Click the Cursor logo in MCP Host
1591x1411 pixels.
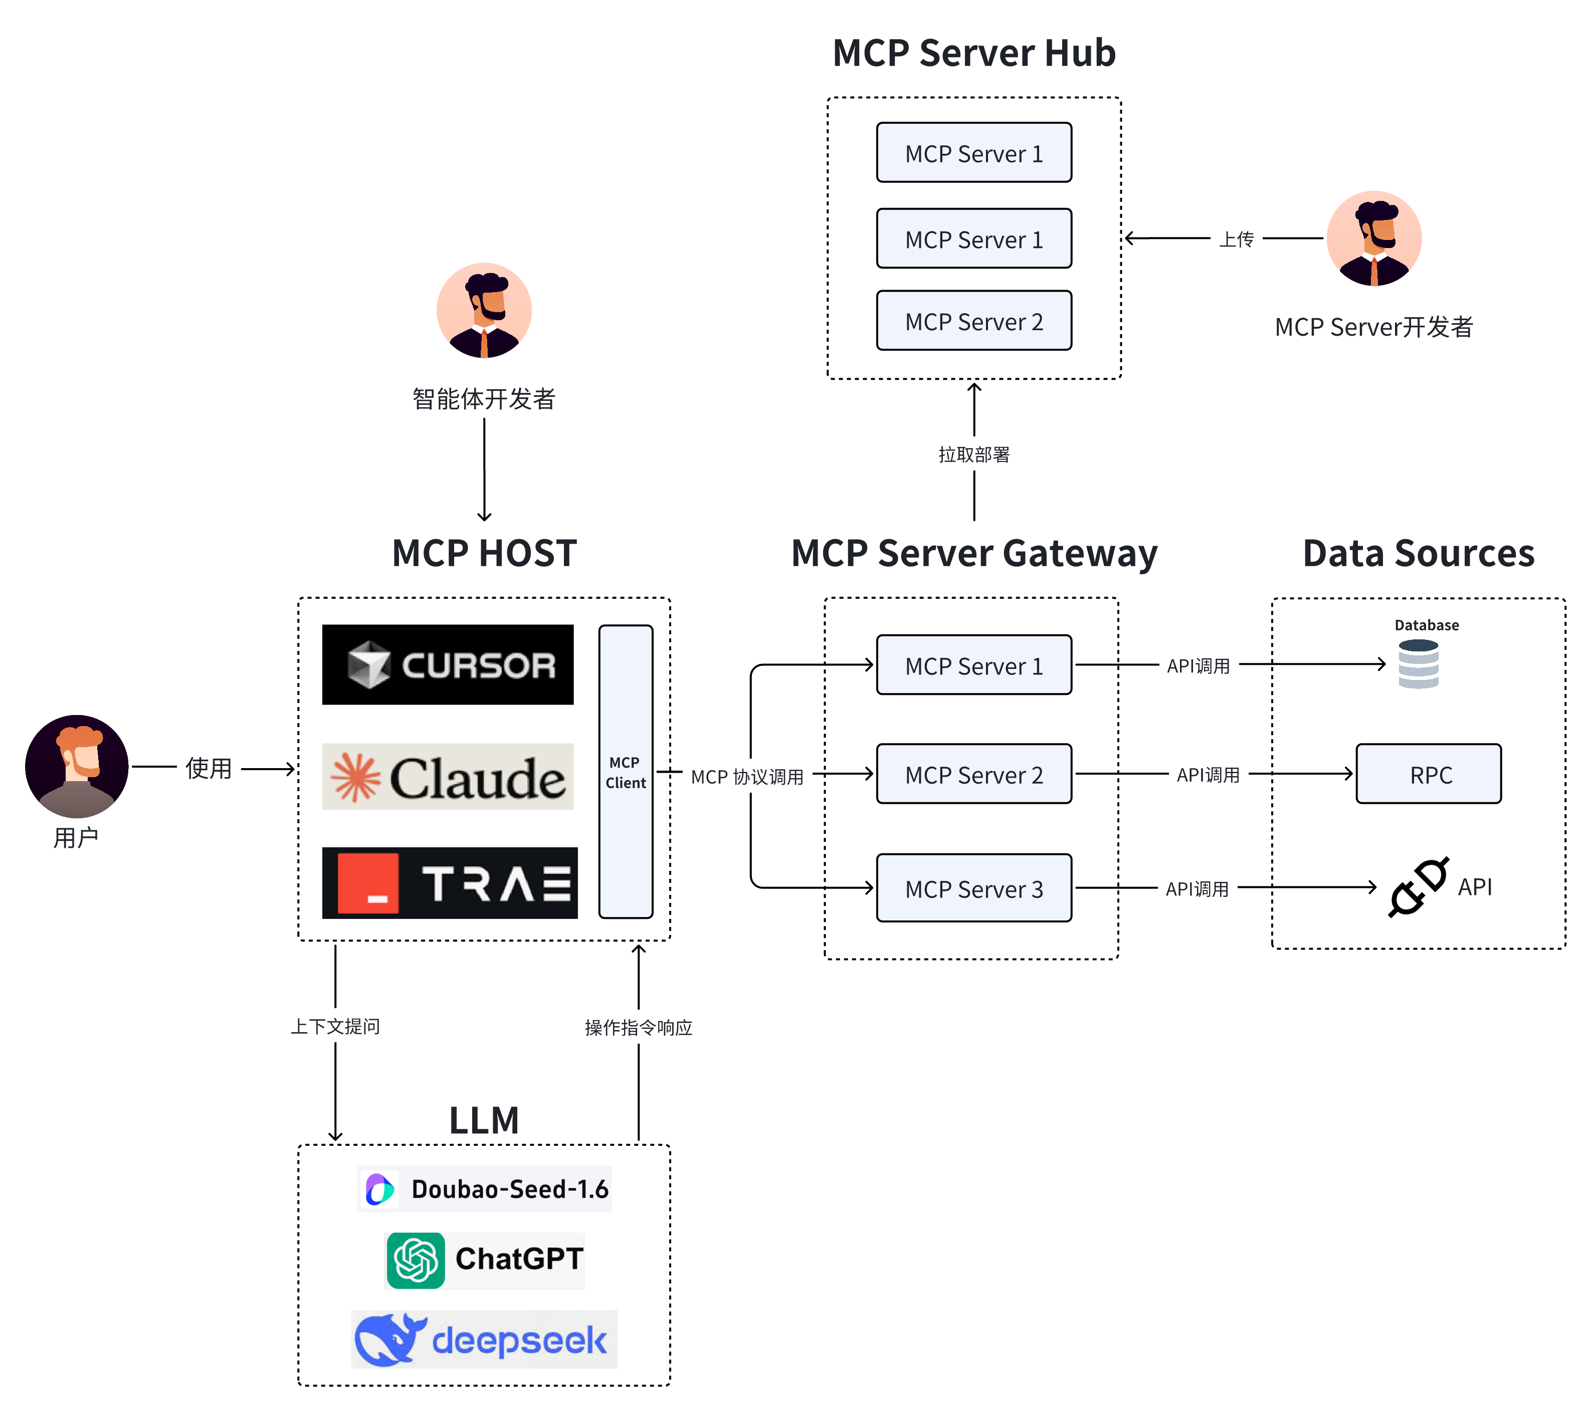(x=448, y=664)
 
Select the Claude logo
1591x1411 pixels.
(x=448, y=777)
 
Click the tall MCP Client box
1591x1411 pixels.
(x=625, y=771)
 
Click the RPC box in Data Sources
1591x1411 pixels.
(x=1428, y=774)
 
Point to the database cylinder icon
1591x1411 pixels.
(x=1418, y=664)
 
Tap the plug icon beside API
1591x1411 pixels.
(x=1418, y=887)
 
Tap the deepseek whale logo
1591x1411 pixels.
(x=389, y=1339)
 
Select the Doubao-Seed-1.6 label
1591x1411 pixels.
(x=509, y=1189)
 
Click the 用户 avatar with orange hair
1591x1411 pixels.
(x=76, y=766)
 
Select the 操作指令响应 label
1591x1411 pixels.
(x=638, y=1027)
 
